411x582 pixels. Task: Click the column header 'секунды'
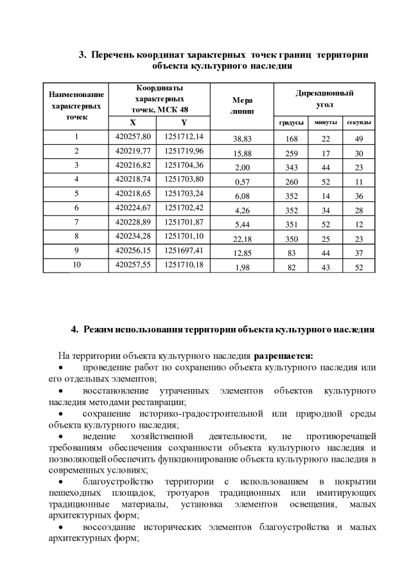click(x=360, y=122)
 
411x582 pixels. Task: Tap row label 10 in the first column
click(x=76, y=264)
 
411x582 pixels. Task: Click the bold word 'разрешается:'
click(x=283, y=355)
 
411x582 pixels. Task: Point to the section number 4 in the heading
click(x=74, y=330)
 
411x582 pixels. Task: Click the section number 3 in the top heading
click(x=82, y=55)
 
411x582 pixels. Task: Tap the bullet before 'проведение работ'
click(x=61, y=368)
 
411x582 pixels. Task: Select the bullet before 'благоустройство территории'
click(x=61, y=482)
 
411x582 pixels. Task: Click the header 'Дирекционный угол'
click(x=325, y=98)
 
